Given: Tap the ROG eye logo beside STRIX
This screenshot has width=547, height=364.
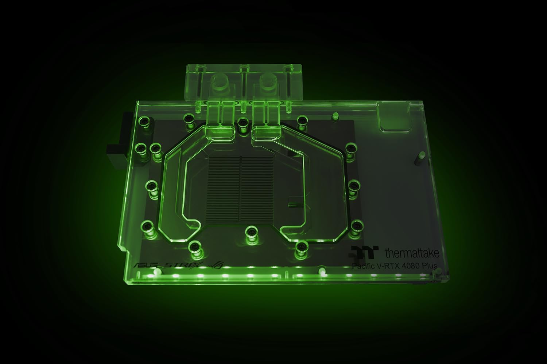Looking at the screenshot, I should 210,264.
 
